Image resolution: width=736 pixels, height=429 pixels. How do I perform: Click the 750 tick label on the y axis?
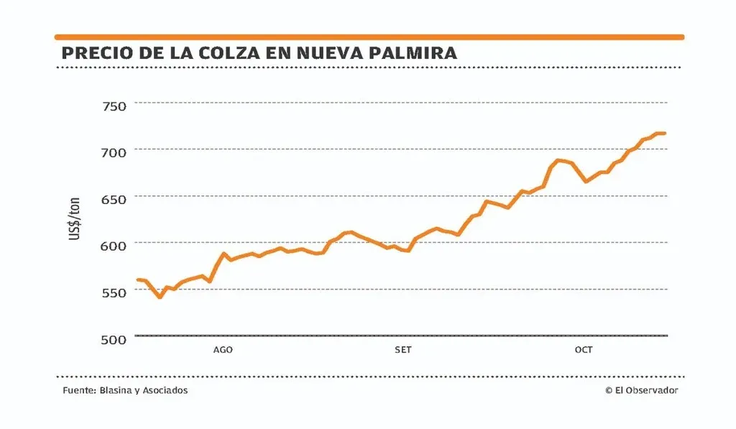click(x=110, y=106)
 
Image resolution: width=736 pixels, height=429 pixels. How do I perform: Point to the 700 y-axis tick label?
click(x=110, y=152)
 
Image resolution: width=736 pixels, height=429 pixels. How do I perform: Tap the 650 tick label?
click(x=110, y=199)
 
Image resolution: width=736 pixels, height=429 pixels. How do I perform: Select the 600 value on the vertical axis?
click(x=110, y=245)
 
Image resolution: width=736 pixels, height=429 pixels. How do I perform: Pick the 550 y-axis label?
click(x=110, y=292)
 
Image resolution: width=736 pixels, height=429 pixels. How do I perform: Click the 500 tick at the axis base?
click(x=110, y=338)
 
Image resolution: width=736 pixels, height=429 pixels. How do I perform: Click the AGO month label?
click(x=223, y=350)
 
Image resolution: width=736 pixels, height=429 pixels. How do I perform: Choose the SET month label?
click(x=403, y=350)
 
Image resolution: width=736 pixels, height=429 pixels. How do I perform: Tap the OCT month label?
click(x=584, y=350)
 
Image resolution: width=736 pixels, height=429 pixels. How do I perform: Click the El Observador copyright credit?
click(x=641, y=390)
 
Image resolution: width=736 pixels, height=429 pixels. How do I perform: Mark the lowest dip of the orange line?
click(x=160, y=296)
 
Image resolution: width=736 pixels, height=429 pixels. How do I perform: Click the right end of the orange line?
click(x=664, y=133)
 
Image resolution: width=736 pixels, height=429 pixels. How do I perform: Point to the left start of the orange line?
click(x=137, y=280)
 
